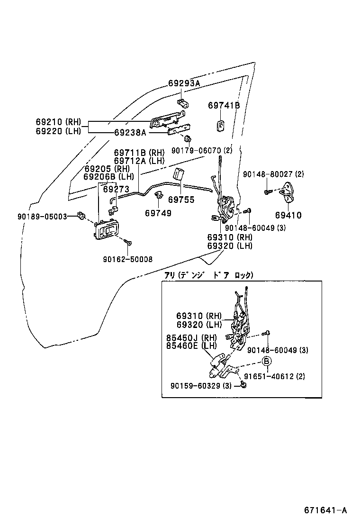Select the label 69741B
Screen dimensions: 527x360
[224, 106]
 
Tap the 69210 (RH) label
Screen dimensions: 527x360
[59, 121]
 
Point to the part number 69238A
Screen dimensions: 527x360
[130, 132]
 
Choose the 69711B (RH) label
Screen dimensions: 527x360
[139, 153]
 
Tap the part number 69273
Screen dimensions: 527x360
[116, 188]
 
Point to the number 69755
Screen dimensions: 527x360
[181, 200]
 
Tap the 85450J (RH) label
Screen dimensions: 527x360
[191, 338]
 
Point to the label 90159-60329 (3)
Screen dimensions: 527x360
[201, 386]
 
